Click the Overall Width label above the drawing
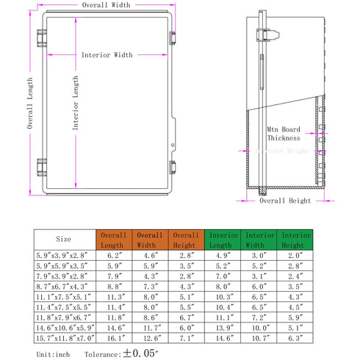(x=106, y=5)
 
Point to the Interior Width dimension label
(x=107, y=55)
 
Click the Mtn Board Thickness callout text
(x=283, y=133)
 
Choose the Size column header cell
(x=64, y=239)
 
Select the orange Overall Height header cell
(x=187, y=239)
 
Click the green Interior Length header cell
(x=223, y=239)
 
